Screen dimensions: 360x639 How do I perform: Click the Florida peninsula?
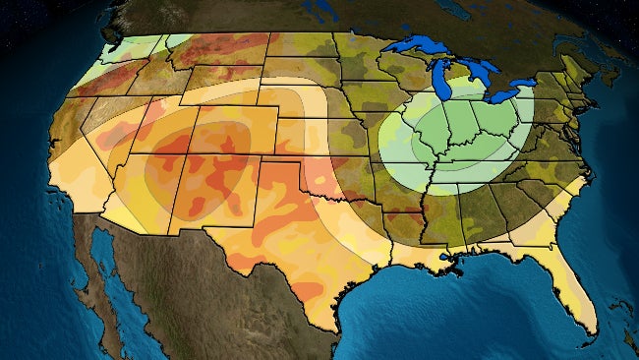573,285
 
